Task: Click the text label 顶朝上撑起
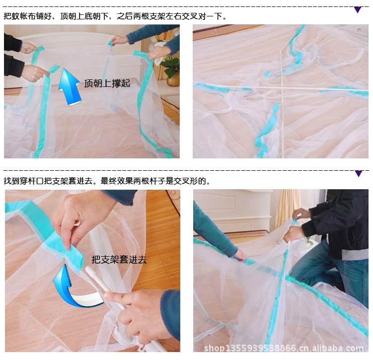(107, 83)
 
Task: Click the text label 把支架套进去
(119, 259)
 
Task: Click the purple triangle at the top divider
(358, 10)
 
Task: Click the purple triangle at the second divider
(359, 174)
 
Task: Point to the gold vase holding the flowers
(173, 79)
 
